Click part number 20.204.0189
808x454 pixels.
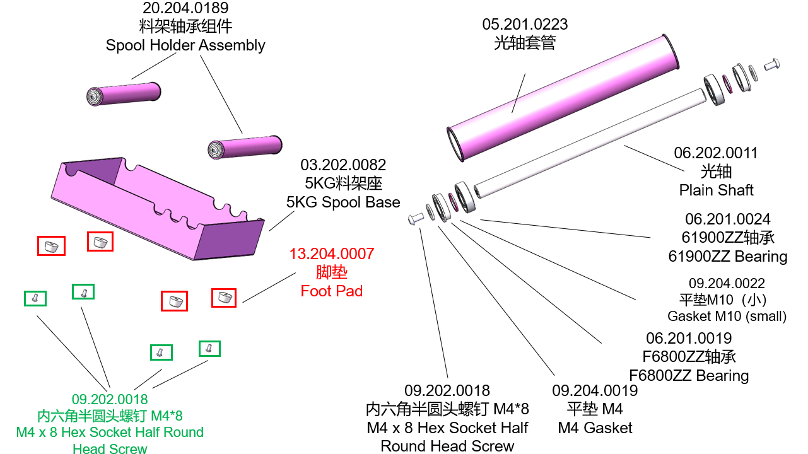click(x=185, y=9)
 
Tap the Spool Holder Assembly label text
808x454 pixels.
click(x=185, y=45)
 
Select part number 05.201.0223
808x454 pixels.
click(x=525, y=25)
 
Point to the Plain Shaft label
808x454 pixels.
click(x=716, y=190)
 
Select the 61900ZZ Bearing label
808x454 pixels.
click(x=728, y=257)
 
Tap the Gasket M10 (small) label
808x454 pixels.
click(x=727, y=317)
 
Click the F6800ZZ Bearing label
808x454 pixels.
click(x=689, y=376)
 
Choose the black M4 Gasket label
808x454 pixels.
click(x=595, y=428)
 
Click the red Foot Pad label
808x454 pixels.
click(x=332, y=291)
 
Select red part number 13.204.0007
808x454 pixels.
click(x=332, y=254)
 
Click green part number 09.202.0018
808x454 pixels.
click(x=110, y=399)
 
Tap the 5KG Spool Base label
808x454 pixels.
click(x=343, y=202)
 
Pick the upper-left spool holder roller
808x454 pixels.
click(x=124, y=93)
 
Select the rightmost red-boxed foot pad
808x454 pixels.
click(x=223, y=297)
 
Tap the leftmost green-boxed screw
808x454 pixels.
click(x=35, y=298)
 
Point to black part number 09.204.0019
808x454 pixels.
click(x=595, y=391)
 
